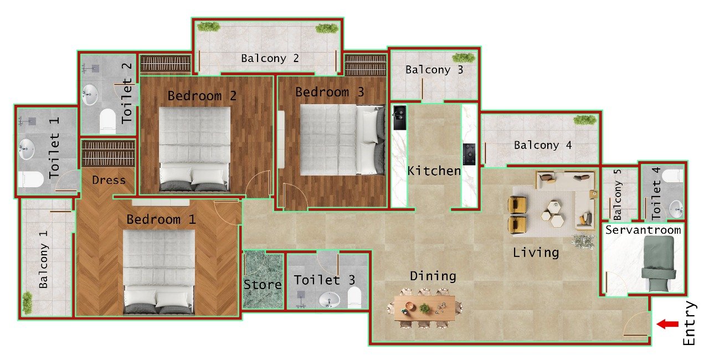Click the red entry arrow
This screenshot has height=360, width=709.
pyautogui.click(x=667, y=324)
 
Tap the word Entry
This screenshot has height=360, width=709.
pyautogui.click(x=689, y=323)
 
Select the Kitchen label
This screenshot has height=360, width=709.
pyautogui.click(x=434, y=171)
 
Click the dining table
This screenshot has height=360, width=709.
pyautogui.click(x=425, y=307)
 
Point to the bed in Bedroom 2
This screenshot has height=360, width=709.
pyautogui.click(x=194, y=148)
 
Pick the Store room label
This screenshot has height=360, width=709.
pyautogui.click(x=263, y=285)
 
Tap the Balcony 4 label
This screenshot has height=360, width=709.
pyautogui.click(x=543, y=145)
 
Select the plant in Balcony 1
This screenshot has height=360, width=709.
pyautogui.click(x=27, y=302)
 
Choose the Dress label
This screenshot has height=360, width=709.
pyautogui.click(x=109, y=180)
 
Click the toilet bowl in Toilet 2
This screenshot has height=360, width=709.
pyautogui.click(x=108, y=121)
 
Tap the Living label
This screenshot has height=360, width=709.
pyautogui.click(x=536, y=253)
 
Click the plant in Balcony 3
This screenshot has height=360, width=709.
pyautogui.click(x=463, y=58)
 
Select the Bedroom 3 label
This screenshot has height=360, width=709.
pyautogui.click(x=330, y=92)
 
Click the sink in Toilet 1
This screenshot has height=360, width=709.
pyautogui.click(x=27, y=148)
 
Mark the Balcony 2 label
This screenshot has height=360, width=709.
pyautogui.click(x=270, y=58)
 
